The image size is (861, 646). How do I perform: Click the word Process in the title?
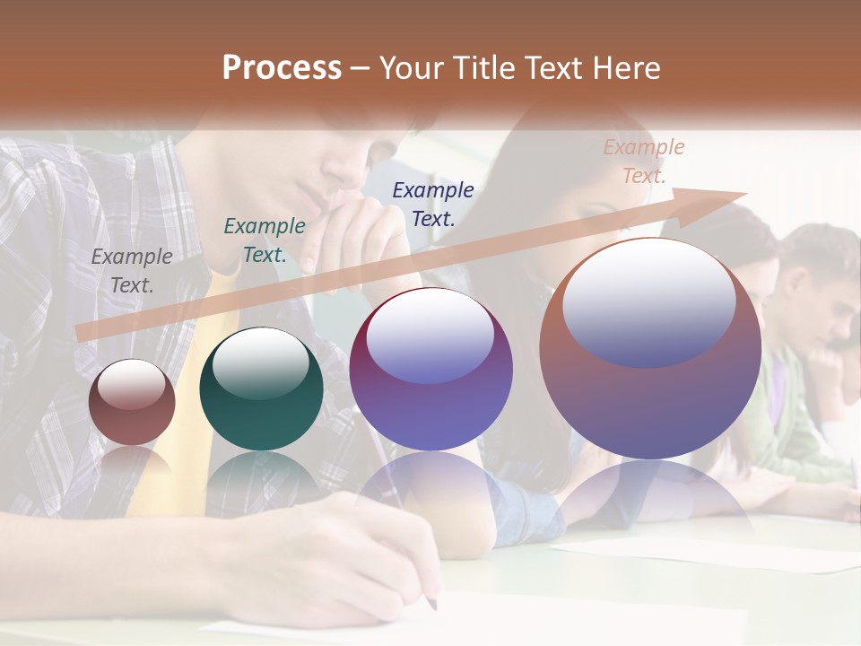(282, 68)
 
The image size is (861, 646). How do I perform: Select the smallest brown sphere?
(132, 402)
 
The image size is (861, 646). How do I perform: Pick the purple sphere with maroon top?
(430, 369)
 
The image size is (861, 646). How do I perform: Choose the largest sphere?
(650, 349)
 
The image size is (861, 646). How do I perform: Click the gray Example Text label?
(131, 271)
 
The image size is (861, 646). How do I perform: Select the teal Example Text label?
(264, 240)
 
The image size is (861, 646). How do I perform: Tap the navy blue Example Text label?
(433, 204)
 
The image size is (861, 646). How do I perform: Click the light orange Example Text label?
(644, 161)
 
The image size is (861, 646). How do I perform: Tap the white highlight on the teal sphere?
(260, 360)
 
